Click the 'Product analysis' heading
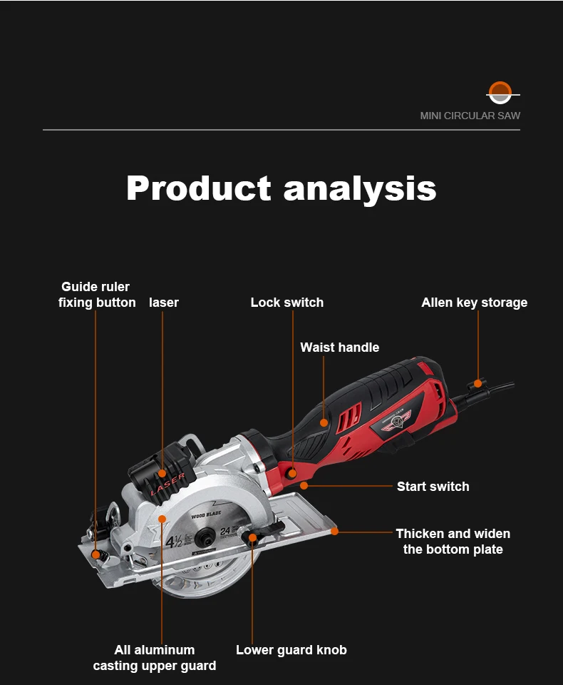(281, 188)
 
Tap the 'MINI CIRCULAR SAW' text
(470, 116)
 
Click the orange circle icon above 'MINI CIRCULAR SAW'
(500, 92)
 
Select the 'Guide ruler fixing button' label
(97, 295)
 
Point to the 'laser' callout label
(164, 303)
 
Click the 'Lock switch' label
(286, 303)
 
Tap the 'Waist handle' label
(339, 347)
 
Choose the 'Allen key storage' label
(474, 303)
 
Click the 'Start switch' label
(433, 487)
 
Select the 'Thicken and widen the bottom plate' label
(453, 542)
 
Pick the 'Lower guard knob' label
(291, 650)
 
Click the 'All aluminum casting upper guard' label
(155, 658)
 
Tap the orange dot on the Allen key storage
(478, 383)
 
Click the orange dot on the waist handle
(324, 422)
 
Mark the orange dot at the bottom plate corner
(335, 531)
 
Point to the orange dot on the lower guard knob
(252, 537)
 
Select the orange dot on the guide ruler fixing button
(96, 554)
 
